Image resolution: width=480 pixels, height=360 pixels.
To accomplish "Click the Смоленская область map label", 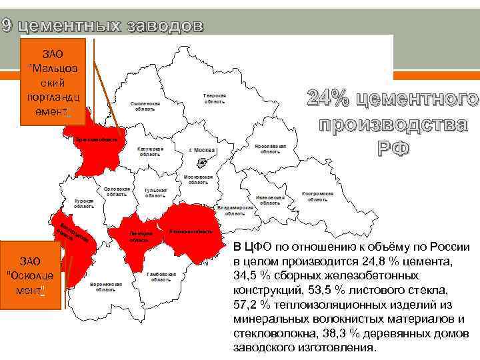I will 145,107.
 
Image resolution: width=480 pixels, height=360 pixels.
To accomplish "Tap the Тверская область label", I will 215,99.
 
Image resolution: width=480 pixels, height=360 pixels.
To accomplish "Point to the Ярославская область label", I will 270,149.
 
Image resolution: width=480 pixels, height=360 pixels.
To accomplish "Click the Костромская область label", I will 317,197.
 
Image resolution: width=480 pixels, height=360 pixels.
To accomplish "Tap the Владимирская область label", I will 235,211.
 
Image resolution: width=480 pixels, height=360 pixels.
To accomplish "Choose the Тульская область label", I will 155,193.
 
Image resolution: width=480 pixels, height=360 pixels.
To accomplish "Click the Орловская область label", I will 117,191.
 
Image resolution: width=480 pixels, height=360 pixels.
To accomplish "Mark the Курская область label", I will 84,203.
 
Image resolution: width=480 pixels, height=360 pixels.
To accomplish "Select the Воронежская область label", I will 105,287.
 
